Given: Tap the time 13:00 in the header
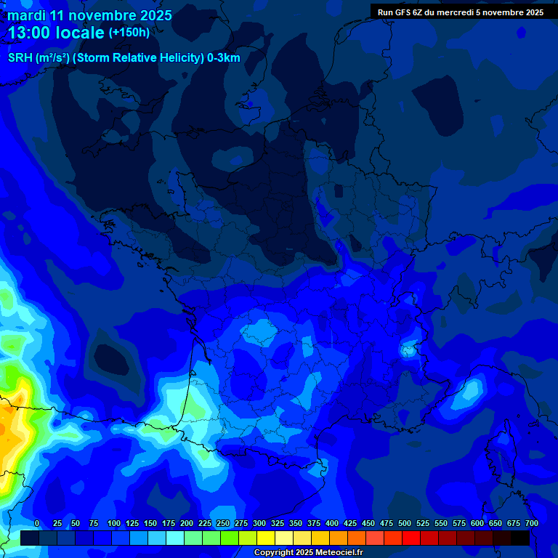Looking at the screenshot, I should coord(31,33).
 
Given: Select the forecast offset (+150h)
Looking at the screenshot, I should coord(129,33).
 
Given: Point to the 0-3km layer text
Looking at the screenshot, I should coord(224,58).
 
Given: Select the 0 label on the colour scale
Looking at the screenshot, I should coord(37,524).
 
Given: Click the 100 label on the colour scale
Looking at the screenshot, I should coord(114,524).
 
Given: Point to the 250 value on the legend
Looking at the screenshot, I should coord(223,524).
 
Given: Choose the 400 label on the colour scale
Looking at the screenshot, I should coord(332,524).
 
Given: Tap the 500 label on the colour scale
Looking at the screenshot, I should coord(405,524).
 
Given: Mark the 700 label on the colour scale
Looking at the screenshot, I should coord(532,524).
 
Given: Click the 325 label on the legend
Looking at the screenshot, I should coord(278,524).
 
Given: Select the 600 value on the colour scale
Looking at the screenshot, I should coord(477,524).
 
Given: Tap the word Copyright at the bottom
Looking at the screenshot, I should coord(274,552).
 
